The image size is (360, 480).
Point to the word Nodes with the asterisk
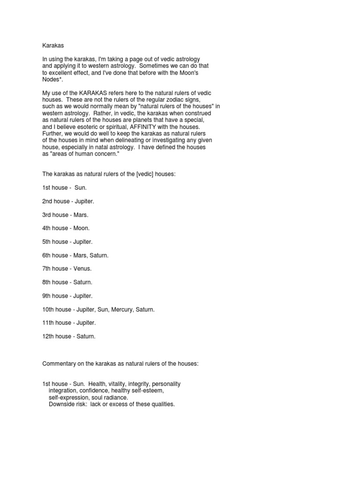pyautogui.click(x=52, y=80)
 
